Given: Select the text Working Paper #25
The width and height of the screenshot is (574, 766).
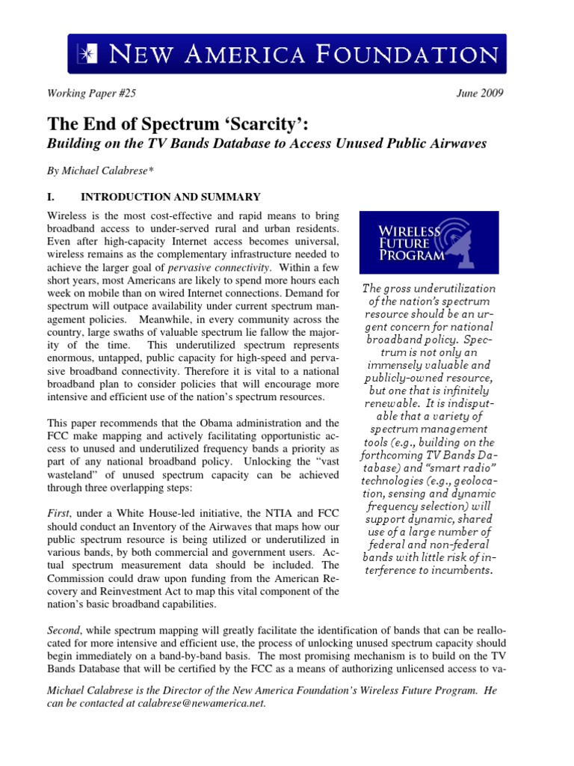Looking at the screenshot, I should pyautogui.click(x=92, y=94).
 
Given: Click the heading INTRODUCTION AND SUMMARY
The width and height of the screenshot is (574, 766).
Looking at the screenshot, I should pyautogui.click(x=170, y=197).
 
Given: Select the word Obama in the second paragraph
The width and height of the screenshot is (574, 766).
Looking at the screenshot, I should pyautogui.click(x=209, y=423).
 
